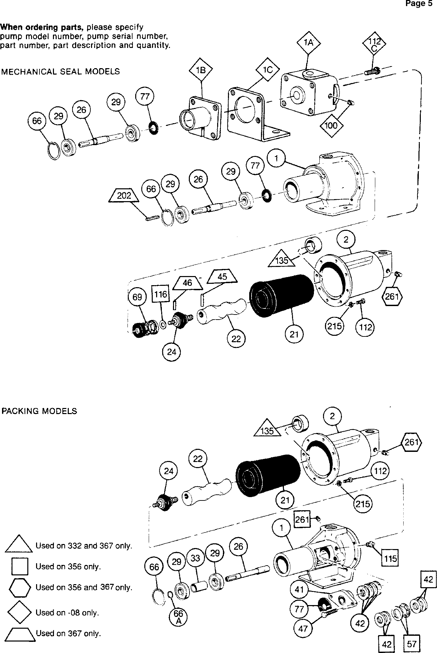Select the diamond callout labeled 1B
201,71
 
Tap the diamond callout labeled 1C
267,71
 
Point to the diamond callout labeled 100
331,126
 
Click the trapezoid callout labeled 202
124,196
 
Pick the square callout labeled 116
161,294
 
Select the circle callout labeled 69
137,297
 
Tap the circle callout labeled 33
196,558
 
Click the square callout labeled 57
411,644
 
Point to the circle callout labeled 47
302,628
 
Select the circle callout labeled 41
299,590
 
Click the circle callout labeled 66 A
178,617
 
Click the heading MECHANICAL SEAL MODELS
60,72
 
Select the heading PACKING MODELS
39,411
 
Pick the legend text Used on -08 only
67,613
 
